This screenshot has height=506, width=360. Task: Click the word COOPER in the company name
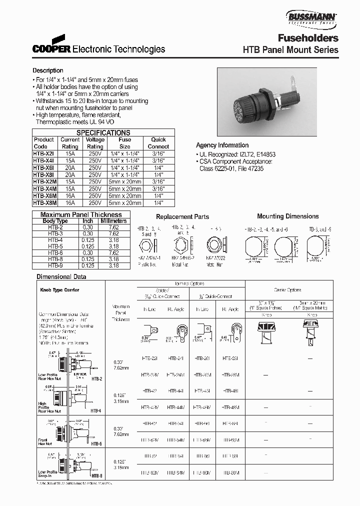tap(52, 49)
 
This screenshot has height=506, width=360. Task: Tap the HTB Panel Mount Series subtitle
tap(290, 50)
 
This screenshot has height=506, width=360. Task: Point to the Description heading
tap(48, 70)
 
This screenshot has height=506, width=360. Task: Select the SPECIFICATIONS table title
tap(102, 133)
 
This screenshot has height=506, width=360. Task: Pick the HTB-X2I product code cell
tap(43, 154)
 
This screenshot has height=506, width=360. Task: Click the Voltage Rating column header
tap(95, 143)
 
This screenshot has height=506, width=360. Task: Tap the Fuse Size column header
tap(125, 143)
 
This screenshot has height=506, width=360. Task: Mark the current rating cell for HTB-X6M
tap(70, 196)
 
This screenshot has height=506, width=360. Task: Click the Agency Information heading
tap(222, 145)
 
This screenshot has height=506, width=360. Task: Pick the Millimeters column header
tap(114, 221)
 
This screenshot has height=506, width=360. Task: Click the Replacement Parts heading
tap(182, 217)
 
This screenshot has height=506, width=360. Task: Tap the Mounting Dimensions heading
tap(287, 216)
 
